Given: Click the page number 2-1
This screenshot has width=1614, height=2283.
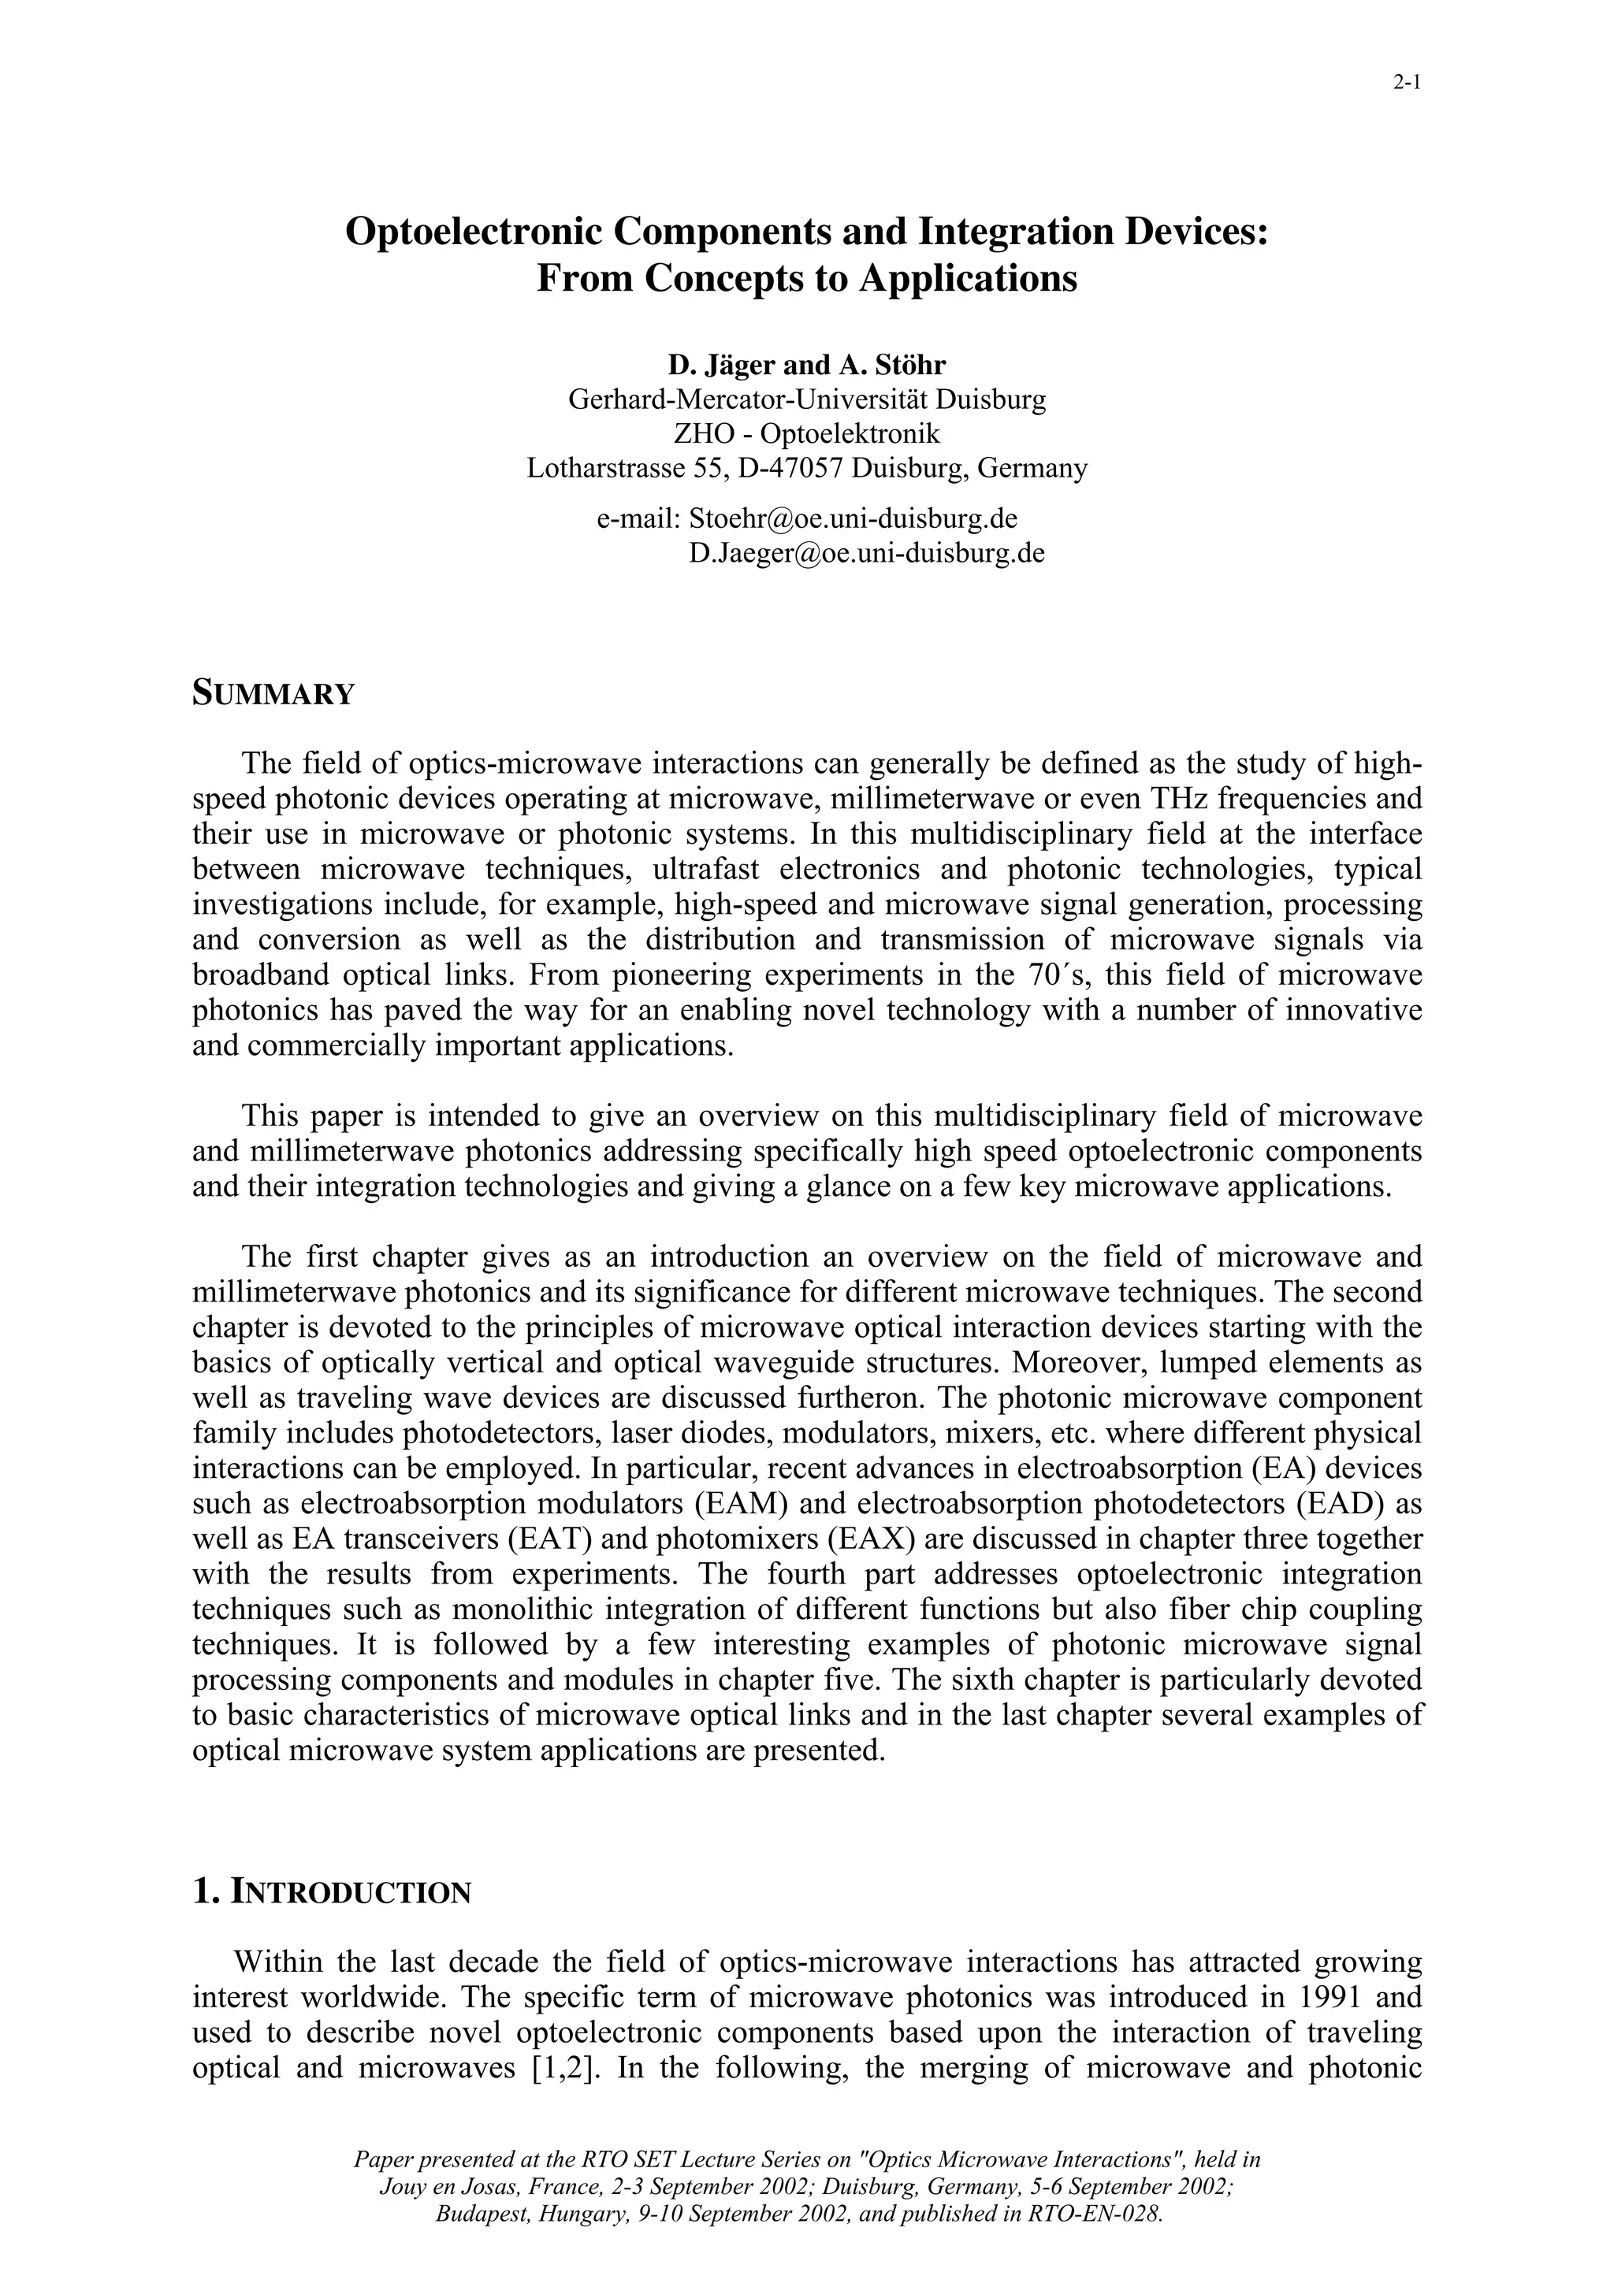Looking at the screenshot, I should pos(1405,84).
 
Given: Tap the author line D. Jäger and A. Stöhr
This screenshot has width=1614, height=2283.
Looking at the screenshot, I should pos(806,366).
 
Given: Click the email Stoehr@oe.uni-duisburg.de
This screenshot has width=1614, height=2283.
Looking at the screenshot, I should pos(852,518).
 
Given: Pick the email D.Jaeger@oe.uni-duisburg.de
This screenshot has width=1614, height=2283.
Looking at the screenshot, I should pos(866,553).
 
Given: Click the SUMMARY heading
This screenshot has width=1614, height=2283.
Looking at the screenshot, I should pos(273,693).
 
